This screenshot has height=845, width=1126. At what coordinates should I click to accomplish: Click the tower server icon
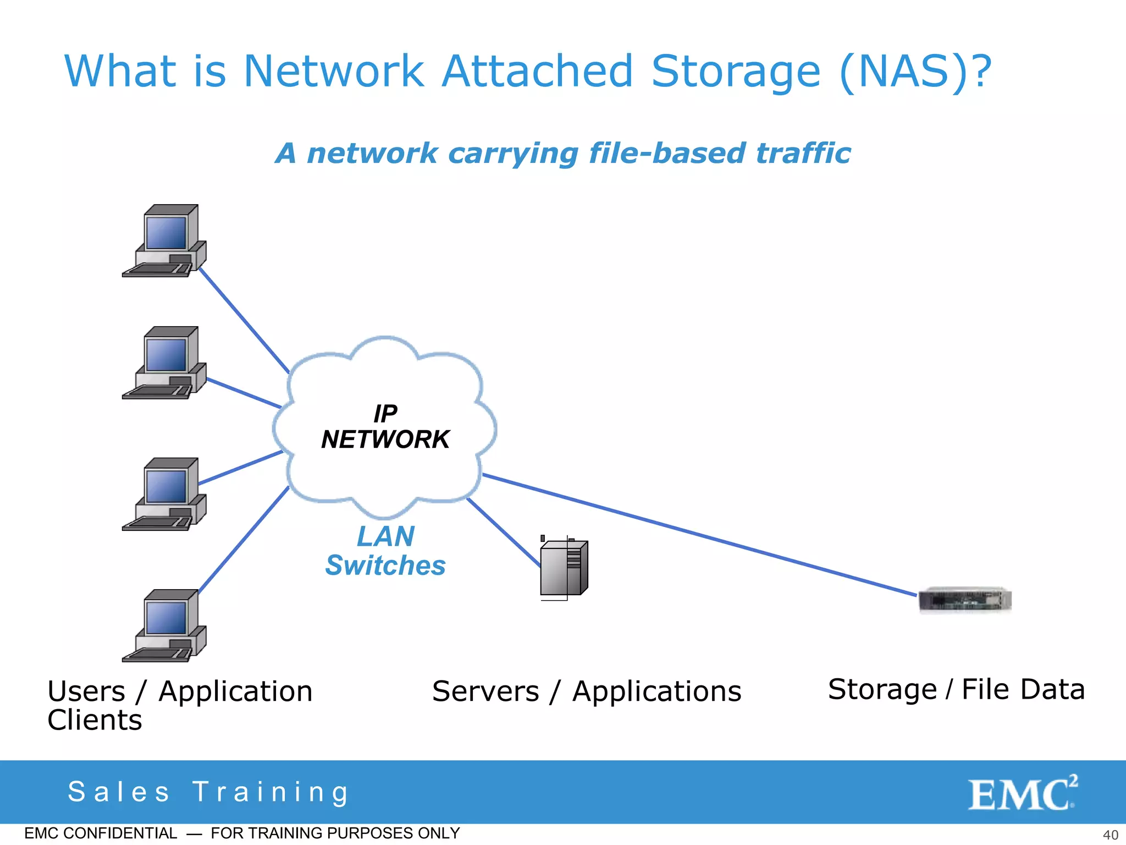(x=564, y=568)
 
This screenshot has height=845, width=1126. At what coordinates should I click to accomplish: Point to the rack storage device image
(x=965, y=600)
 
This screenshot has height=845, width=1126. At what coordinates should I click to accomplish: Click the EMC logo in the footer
(x=1023, y=793)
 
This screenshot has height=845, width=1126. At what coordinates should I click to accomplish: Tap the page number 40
(x=1110, y=835)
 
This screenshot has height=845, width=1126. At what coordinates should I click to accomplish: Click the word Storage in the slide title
(x=736, y=72)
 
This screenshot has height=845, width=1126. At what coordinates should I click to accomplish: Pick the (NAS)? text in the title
(x=915, y=72)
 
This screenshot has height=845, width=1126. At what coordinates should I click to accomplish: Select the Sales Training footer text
(x=209, y=792)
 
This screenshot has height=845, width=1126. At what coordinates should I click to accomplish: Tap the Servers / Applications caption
(x=587, y=692)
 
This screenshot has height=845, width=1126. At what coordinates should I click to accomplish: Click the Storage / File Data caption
(x=957, y=690)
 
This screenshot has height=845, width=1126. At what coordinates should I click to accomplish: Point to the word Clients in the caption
(x=95, y=720)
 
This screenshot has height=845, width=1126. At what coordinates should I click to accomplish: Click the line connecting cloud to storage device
(x=698, y=535)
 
